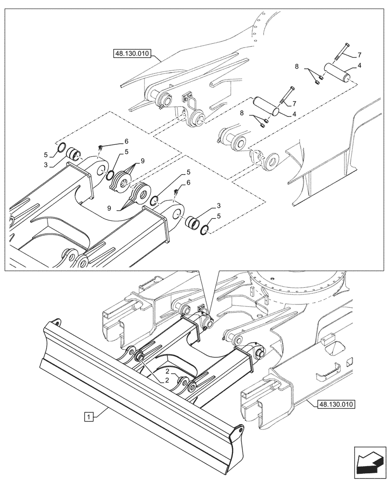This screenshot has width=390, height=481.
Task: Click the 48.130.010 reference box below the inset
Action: point(335,405)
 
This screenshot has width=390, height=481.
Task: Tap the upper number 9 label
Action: point(142,161)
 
